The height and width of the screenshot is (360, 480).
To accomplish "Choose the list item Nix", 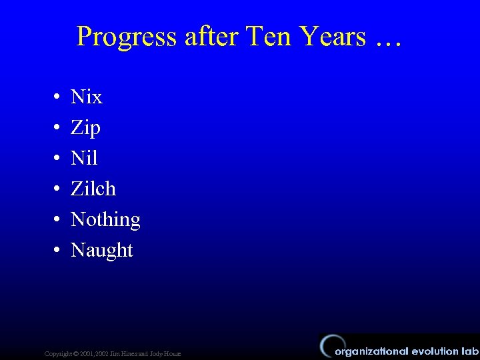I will click(x=87, y=97).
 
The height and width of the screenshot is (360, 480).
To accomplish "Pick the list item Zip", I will click(x=85, y=128).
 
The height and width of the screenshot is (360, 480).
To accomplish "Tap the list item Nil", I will click(x=84, y=159).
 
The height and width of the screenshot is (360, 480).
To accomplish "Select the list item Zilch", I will click(x=93, y=189).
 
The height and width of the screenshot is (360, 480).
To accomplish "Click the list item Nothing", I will click(x=105, y=220).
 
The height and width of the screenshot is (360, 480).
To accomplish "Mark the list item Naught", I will click(x=102, y=251).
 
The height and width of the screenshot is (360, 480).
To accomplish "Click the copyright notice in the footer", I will click(x=112, y=353).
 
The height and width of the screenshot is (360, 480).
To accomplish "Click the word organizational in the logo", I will click(x=371, y=351).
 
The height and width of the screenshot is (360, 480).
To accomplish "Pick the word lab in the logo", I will click(x=470, y=351).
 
